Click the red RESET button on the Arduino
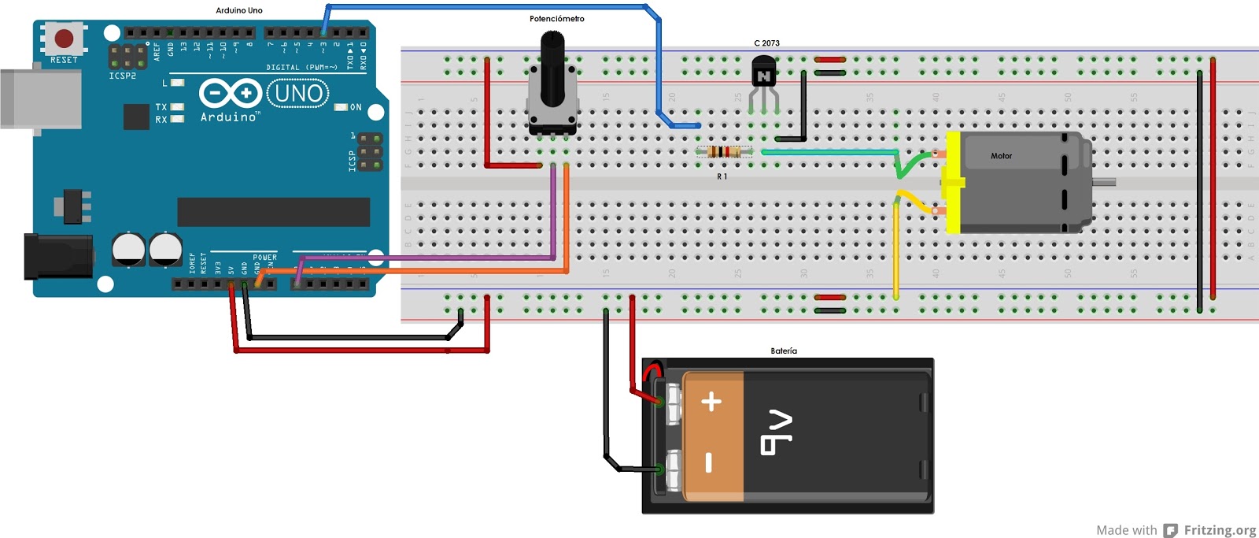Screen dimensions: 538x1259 64,38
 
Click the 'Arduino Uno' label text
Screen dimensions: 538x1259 239,10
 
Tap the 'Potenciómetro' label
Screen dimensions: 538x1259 556,19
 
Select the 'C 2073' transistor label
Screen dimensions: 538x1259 766,43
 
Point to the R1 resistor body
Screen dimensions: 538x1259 724,152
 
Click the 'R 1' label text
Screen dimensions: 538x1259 722,177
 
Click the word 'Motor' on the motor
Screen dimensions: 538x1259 1001,156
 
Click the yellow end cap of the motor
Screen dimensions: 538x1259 952,183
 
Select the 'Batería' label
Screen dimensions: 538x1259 783,351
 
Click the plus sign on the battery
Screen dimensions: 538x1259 711,402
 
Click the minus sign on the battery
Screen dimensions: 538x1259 709,462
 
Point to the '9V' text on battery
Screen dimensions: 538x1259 777,432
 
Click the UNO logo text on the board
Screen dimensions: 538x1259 298,94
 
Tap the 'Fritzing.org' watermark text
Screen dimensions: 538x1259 1220,530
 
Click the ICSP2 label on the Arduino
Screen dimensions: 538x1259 122,76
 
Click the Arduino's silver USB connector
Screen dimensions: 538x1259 39,98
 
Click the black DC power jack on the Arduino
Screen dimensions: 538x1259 55,256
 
